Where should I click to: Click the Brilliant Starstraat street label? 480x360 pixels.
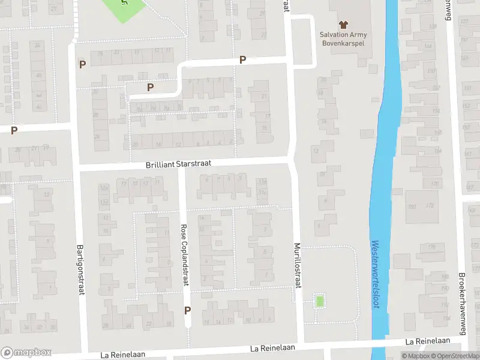[x=178, y=164]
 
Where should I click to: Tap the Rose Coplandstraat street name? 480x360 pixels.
[x=184, y=255]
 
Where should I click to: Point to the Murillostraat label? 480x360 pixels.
[x=296, y=265]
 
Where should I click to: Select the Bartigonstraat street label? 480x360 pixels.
[x=80, y=269]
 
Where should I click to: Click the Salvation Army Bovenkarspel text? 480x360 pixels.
[x=343, y=39]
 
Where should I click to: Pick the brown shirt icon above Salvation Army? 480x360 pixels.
[x=343, y=25]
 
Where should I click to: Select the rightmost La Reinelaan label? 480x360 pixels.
[x=427, y=341]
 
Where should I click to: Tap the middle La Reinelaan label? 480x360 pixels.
[x=274, y=348]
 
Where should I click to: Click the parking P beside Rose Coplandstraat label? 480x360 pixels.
[x=188, y=310]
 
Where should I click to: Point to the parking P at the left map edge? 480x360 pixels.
[x=14, y=130]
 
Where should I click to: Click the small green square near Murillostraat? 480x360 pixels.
[x=320, y=301]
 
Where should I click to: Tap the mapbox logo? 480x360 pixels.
[x=26, y=352]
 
